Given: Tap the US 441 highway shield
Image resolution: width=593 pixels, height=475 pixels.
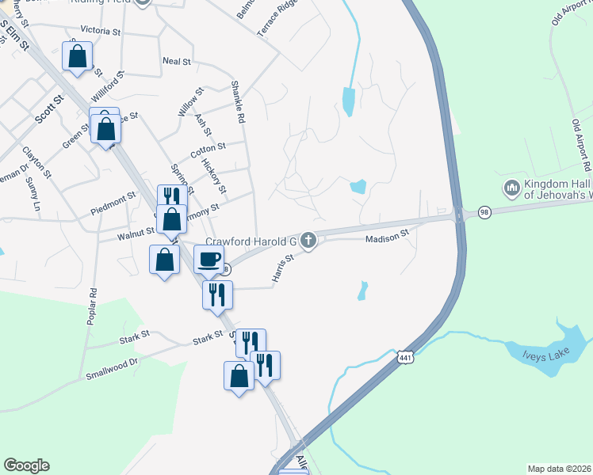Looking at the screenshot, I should pyautogui.click(x=405, y=358).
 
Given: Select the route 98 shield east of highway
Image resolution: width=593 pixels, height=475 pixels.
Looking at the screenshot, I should pyautogui.click(x=484, y=213).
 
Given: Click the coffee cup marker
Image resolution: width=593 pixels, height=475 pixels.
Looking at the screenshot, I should pyautogui.click(x=209, y=258).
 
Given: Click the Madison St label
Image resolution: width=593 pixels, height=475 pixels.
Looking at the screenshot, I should pyautogui.click(x=385, y=237).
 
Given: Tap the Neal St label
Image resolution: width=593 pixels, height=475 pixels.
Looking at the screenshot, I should pyautogui.click(x=176, y=60).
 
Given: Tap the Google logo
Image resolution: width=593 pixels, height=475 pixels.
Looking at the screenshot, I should pyautogui.click(x=26, y=465).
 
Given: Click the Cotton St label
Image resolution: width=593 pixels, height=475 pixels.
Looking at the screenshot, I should pyautogui.click(x=208, y=147).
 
